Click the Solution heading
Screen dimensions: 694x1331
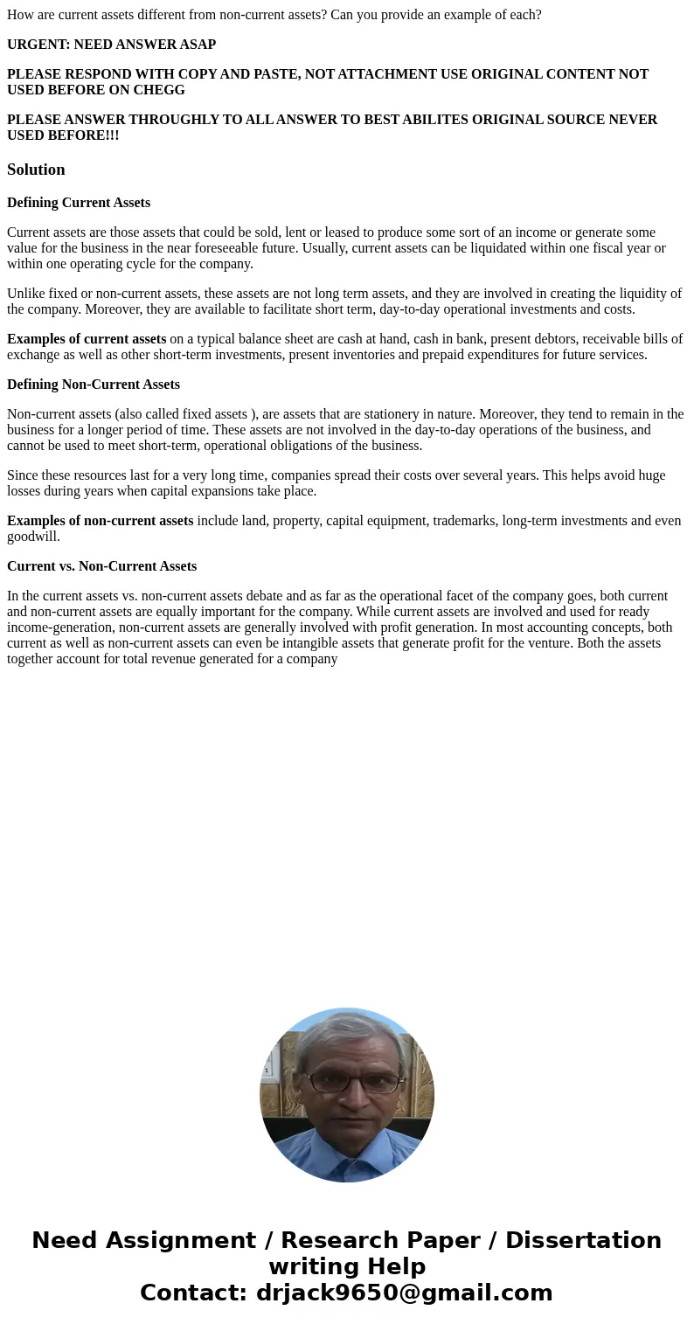[x=36, y=170]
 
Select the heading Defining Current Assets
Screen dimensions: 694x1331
[x=79, y=203]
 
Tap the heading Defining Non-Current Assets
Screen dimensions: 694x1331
[x=94, y=385]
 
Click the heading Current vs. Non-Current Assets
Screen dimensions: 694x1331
[x=101, y=566]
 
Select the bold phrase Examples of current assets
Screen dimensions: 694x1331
[x=87, y=339]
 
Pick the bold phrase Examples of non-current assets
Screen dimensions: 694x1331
[x=101, y=521]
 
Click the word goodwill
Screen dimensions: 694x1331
[x=31, y=537]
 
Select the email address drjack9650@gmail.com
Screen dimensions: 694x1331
[x=404, y=1293]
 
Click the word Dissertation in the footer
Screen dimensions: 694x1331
[x=583, y=1241]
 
